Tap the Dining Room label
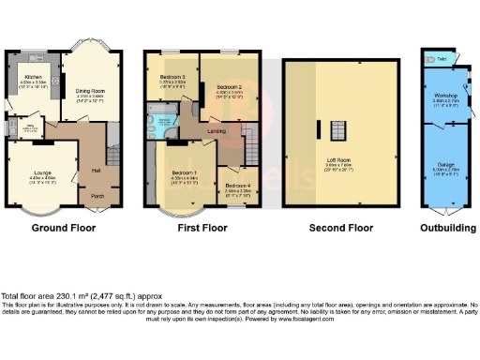pos(90,91)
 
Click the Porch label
pos(97,196)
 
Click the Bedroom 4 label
pos(235,186)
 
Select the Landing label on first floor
pos(217,130)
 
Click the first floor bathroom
pos(165,122)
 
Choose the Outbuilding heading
pos(444,227)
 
